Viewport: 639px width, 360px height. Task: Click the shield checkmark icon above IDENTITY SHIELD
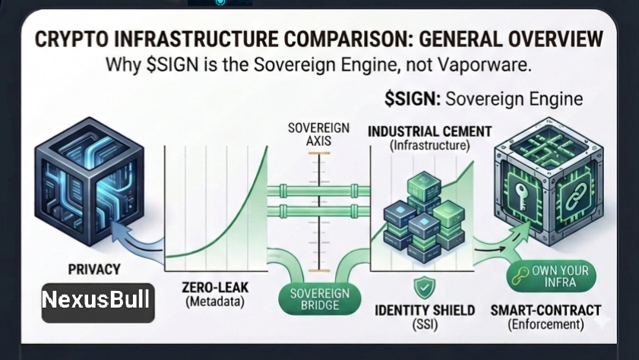422,288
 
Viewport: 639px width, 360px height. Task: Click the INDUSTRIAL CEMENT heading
429,131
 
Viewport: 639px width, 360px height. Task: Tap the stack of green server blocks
415,217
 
